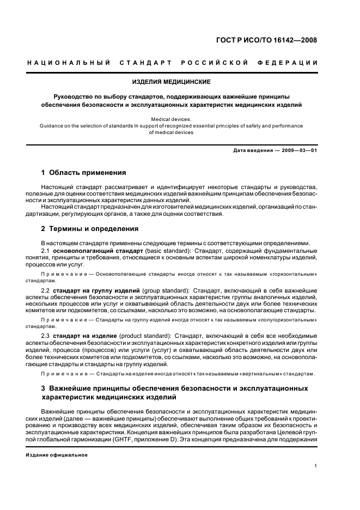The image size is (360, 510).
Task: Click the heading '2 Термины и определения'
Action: coord(89,229)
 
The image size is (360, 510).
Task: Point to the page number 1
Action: coord(316,466)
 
